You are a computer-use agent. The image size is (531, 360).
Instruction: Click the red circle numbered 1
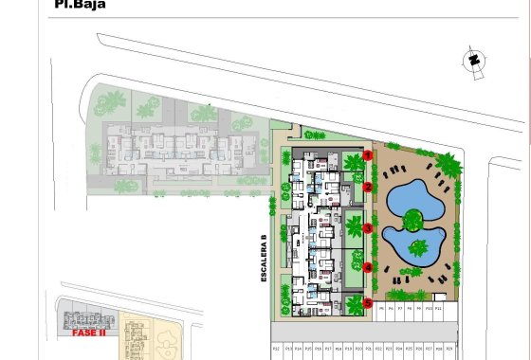click(x=367, y=155)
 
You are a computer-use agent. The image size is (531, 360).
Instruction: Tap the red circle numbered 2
click(x=367, y=188)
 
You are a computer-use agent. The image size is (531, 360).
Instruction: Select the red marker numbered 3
click(x=367, y=228)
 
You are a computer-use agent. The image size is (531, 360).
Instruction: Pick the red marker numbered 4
click(x=367, y=267)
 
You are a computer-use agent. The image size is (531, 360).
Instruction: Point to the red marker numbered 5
click(x=367, y=302)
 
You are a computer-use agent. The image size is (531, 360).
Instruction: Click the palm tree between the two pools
click(x=412, y=222)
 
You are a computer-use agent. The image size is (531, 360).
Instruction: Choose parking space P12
click(x=276, y=350)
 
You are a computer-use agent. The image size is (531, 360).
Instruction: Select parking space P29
click(x=450, y=350)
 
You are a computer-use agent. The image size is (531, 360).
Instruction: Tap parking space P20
click(x=358, y=350)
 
